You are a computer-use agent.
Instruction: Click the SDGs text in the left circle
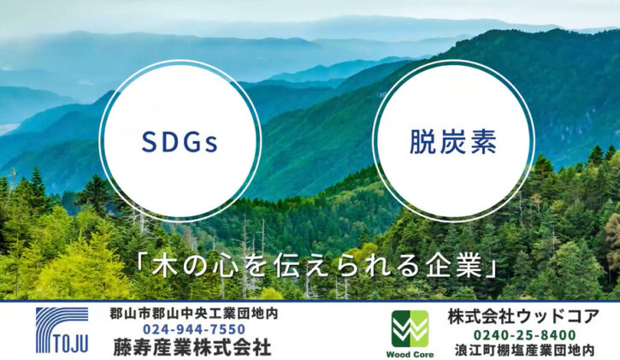[180, 142]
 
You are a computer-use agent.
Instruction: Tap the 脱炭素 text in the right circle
[453, 142]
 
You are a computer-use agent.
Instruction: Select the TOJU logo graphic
[62, 330]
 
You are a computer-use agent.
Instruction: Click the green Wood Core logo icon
[410, 328]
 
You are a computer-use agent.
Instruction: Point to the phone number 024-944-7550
[194, 329]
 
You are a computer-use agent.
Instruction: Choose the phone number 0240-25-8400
[525, 335]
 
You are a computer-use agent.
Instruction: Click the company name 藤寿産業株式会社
[192, 347]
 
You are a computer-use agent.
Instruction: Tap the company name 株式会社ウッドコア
[523, 317]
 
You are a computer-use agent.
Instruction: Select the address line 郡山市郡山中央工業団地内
[194, 314]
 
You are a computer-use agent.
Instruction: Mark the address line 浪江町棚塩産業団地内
[525, 350]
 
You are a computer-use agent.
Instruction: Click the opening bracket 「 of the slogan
[142, 261]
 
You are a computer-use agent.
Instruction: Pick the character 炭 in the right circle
[453, 142]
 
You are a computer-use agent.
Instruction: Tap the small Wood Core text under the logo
[410, 355]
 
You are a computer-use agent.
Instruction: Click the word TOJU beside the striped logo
[70, 344]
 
